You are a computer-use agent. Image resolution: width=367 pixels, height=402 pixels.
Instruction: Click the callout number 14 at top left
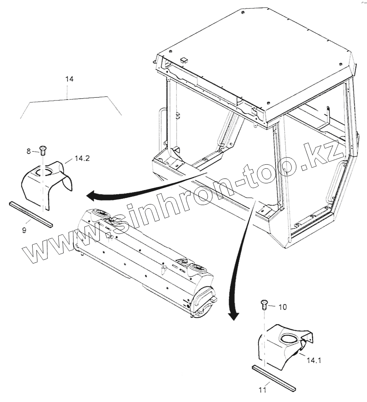pyautogui.click(x=69, y=79)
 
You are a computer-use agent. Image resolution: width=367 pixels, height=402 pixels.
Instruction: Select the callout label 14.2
pyautogui.click(x=82, y=158)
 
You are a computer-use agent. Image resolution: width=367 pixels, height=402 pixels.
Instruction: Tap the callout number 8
pyautogui.click(x=29, y=151)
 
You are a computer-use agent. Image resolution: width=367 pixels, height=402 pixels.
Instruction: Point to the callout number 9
pyautogui.click(x=24, y=230)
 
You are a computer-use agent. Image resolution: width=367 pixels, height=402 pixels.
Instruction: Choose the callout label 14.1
pyautogui.click(x=314, y=360)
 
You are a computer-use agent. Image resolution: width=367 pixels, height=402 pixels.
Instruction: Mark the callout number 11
pyautogui.click(x=262, y=390)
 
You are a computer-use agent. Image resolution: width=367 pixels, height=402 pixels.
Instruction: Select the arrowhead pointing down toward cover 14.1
pyautogui.click(x=234, y=315)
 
